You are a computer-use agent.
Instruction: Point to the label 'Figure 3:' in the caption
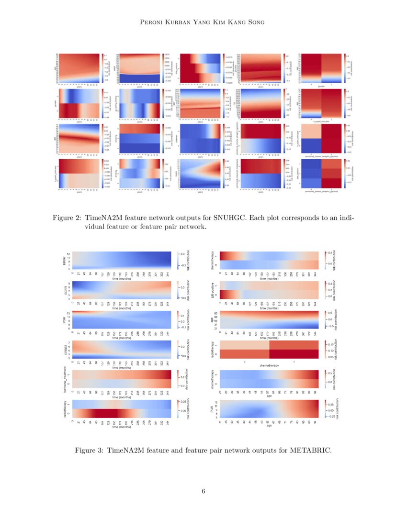(90, 450)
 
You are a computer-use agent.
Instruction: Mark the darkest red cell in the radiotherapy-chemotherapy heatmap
(293, 354)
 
